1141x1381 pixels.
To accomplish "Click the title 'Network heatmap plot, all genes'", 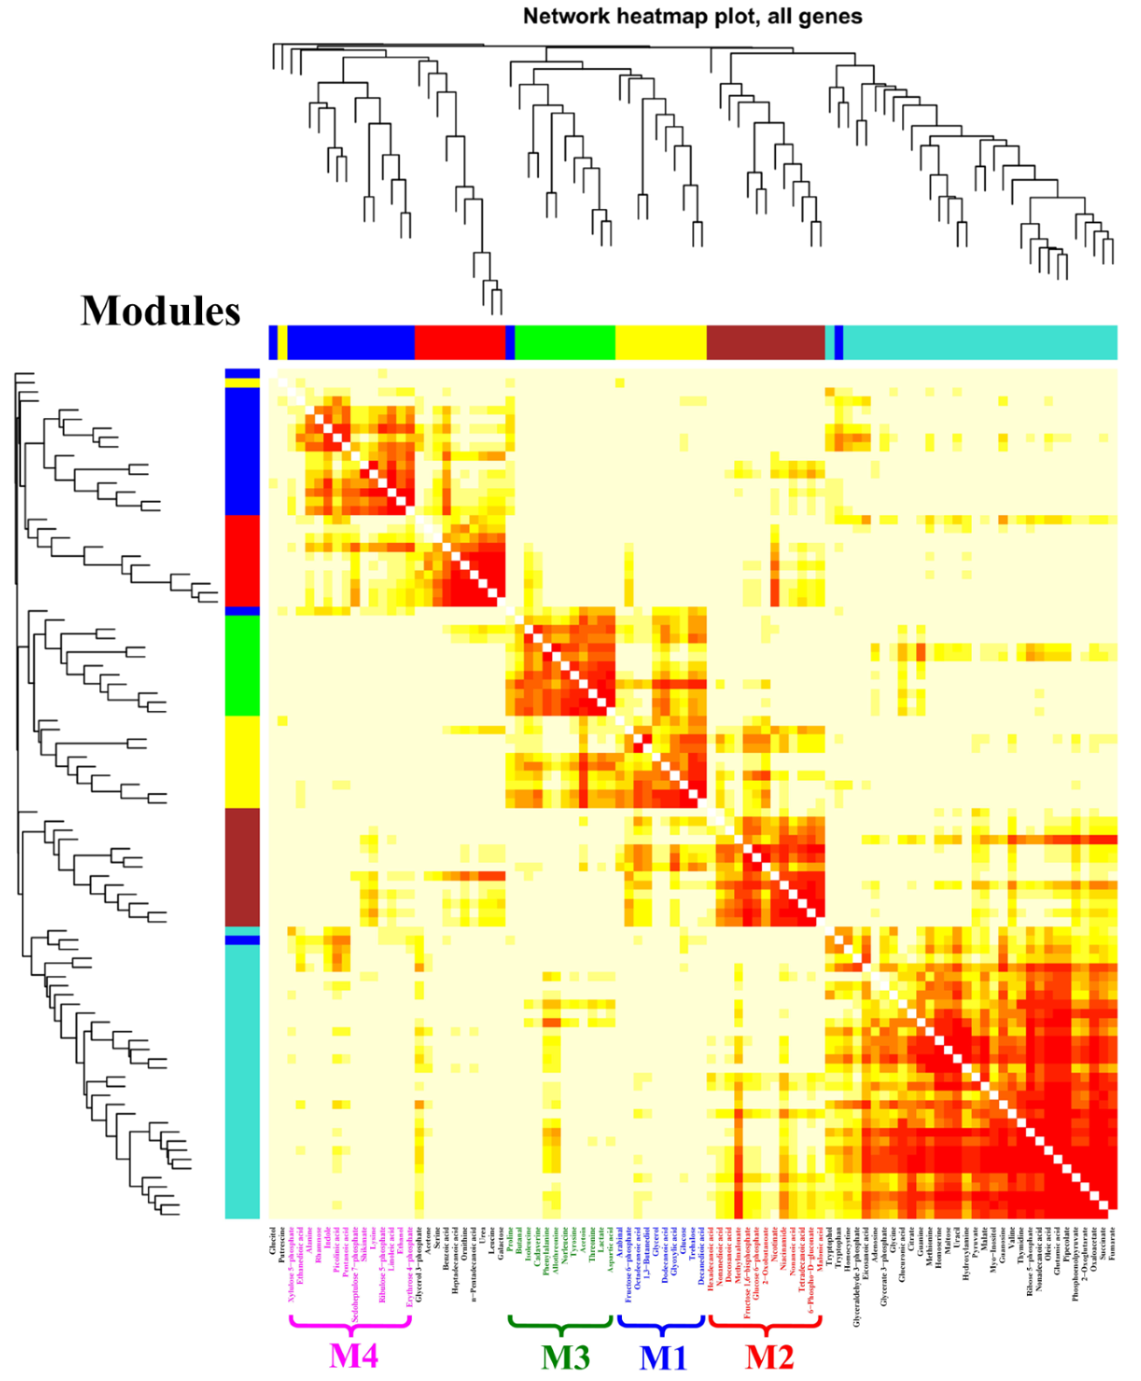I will click(692, 17).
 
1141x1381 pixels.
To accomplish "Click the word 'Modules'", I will click(160, 311).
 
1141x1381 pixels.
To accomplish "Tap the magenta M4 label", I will click(353, 1356).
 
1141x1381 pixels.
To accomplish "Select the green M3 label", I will click(564, 1357).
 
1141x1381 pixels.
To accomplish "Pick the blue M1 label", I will click(663, 1357).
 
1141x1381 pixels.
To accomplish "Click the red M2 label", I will click(769, 1357).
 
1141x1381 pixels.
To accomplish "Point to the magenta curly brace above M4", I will click(350, 1324).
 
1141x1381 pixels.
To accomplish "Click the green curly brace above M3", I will click(562, 1324).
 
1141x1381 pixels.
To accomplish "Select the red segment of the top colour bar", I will click(459, 342).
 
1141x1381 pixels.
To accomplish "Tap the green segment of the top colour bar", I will click(564, 342).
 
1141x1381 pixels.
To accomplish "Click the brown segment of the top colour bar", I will click(765, 342).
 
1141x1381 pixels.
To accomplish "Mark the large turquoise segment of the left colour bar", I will click(242, 1080).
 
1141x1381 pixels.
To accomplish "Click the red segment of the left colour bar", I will click(242, 560).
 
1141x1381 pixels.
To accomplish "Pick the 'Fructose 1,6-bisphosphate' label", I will click(747, 1272).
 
